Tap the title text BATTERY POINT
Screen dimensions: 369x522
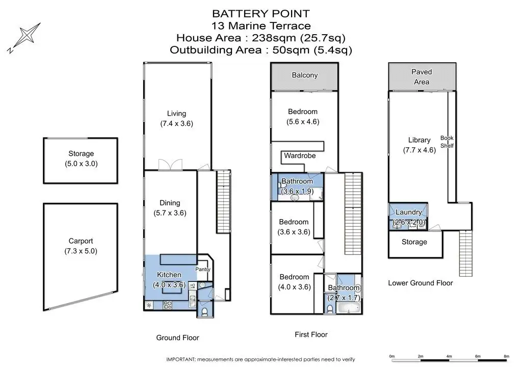[x=260, y=13]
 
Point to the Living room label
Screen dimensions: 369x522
[x=176, y=114]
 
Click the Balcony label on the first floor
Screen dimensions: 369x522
[x=305, y=75]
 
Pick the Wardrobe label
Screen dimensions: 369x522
[x=300, y=156]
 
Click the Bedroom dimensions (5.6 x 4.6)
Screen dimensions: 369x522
[x=303, y=122]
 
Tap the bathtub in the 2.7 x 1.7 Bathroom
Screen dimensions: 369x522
[x=349, y=307]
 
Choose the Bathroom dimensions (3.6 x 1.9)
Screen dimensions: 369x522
[x=297, y=191]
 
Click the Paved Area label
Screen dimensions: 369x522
[x=421, y=77]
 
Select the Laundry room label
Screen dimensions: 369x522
[x=408, y=213]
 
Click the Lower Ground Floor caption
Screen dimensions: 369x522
[x=420, y=283]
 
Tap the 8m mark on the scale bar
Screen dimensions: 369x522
[x=506, y=356]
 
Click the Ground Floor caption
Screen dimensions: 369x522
[x=177, y=337]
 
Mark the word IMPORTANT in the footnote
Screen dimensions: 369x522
[x=181, y=358]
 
